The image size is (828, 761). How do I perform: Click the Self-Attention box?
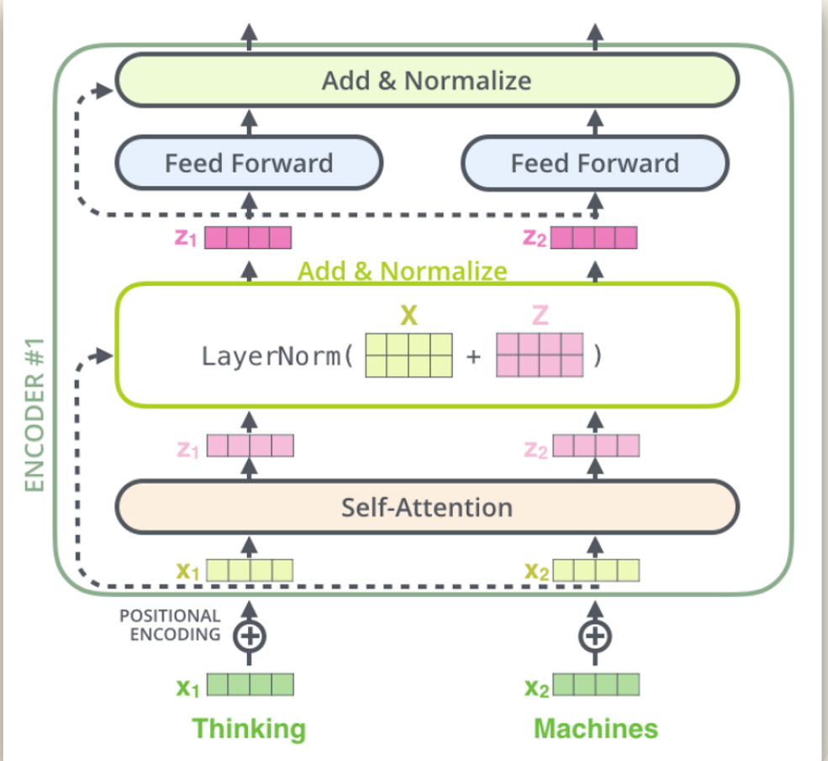(426, 507)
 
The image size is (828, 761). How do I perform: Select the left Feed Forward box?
(249, 162)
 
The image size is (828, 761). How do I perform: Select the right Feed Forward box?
(594, 162)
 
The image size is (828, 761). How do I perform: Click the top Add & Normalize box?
(426, 80)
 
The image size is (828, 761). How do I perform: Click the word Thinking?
(249, 727)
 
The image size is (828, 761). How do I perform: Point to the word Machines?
(595, 727)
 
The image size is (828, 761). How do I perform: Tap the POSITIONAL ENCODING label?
(170, 626)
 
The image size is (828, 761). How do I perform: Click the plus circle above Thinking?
(249, 636)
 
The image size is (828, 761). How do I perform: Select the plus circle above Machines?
(594, 636)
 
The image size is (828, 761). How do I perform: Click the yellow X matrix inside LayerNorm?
(409, 356)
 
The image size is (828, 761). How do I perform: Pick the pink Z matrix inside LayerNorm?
(539, 356)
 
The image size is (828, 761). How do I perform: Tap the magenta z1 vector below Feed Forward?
(248, 238)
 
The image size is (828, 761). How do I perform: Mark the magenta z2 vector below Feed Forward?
(593, 238)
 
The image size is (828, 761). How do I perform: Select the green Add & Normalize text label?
(403, 271)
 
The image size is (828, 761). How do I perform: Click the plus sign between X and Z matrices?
(474, 357)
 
